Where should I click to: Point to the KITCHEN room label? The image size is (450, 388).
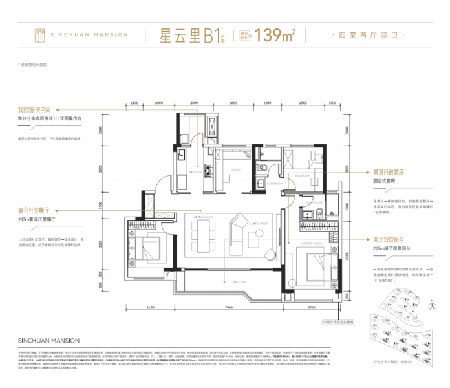(195, 172)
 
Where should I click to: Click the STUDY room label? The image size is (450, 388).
(235, 172)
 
